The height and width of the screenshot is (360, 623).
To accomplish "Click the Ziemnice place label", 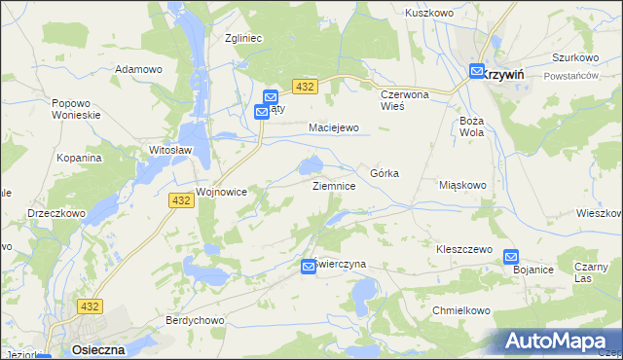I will pos(340,185).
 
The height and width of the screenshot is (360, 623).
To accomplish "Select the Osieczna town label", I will pos(95,347).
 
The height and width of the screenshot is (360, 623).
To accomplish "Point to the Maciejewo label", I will pos(334,127).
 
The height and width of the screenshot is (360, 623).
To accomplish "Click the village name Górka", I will pos(385,172).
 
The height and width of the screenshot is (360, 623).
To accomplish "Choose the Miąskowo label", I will pos(462,185).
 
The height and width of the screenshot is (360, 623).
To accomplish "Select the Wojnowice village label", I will pos(226,193).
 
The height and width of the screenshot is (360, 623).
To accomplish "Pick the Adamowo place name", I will pos(138,69).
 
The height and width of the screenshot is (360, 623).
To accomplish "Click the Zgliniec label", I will pos(244,38).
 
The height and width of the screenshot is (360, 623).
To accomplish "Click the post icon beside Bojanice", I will pos(511,257).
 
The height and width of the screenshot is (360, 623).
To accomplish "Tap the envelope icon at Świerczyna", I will pos(309,265).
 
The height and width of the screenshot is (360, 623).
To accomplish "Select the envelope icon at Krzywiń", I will pos(476,71).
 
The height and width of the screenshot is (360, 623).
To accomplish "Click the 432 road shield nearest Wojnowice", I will pos(179,199).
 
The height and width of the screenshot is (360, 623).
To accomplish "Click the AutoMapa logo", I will pos(560,341).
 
